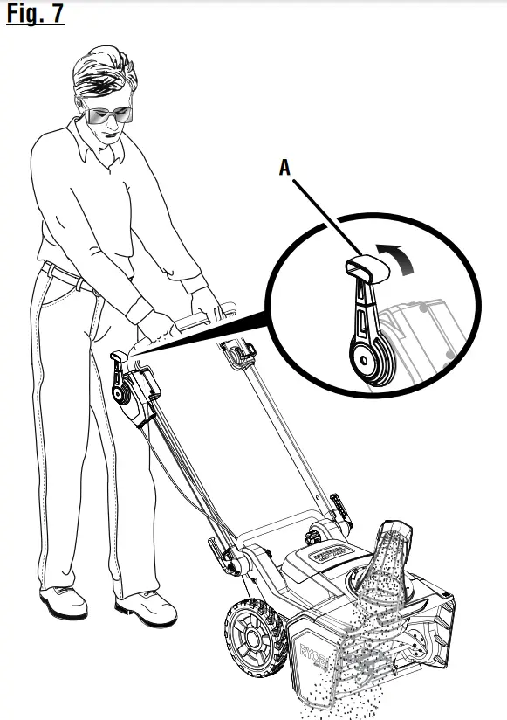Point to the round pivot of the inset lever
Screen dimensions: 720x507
point(364,357)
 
